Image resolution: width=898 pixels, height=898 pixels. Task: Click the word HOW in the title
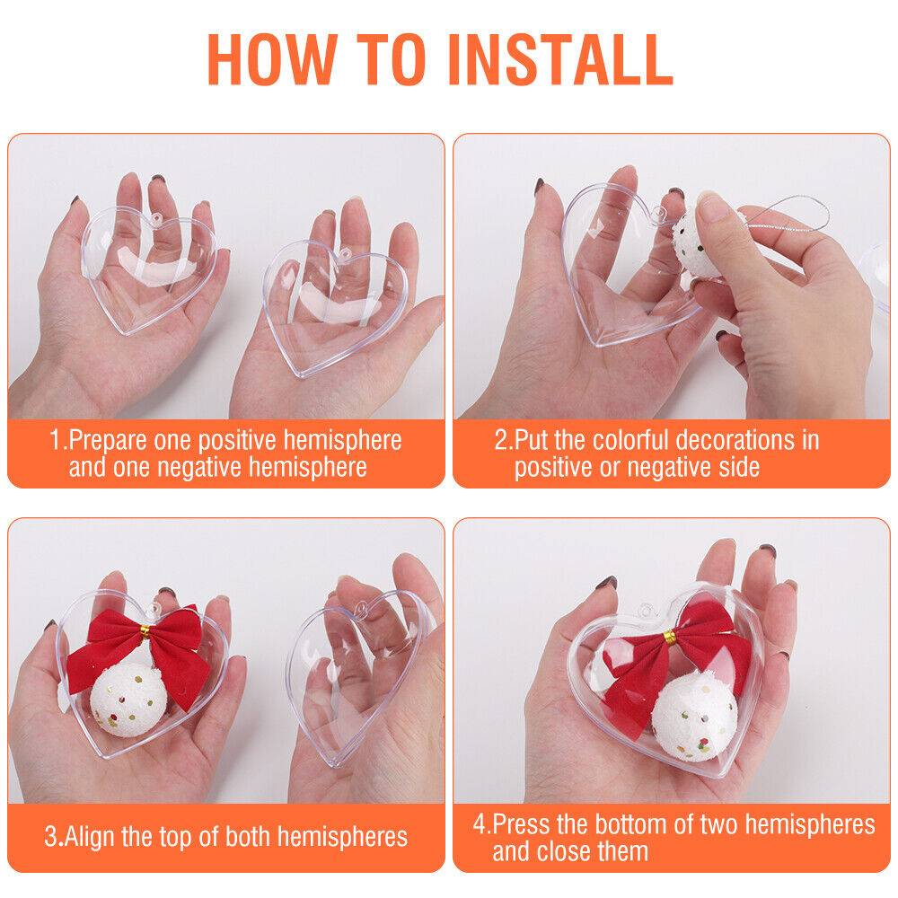click(271, 59)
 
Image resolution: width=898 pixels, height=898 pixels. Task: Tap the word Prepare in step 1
click(108, 441)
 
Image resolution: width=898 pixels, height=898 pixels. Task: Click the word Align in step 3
click(89, 837)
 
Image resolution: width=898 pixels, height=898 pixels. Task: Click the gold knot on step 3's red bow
click(145, 631)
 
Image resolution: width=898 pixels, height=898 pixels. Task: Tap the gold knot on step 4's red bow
click(669, 637)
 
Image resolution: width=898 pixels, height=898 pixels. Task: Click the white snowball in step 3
click(129, 700)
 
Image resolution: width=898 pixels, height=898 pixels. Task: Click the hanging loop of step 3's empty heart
click(363, 607)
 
